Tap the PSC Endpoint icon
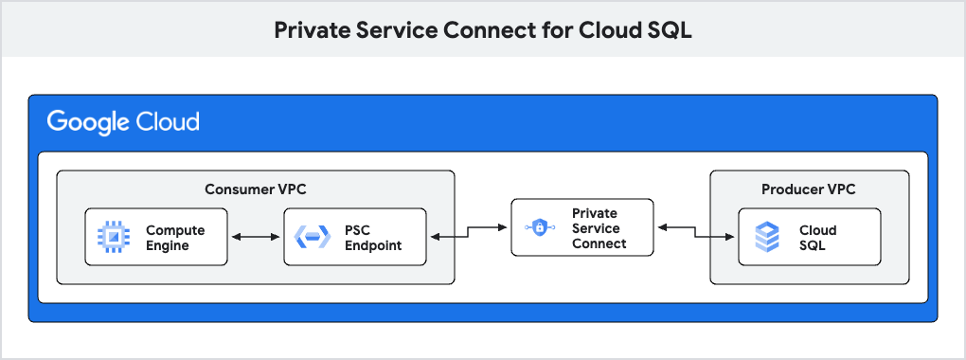coord(313,237)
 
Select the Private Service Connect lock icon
coord(539,227)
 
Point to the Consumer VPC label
coord(256,189)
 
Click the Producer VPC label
coord(809,189)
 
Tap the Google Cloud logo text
coord(123,122)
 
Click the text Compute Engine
coord(175,238)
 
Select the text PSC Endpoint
coord(373,238)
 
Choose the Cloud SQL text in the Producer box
coord(818,238)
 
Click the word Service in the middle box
coord(597,228)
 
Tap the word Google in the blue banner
coord(89,122)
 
